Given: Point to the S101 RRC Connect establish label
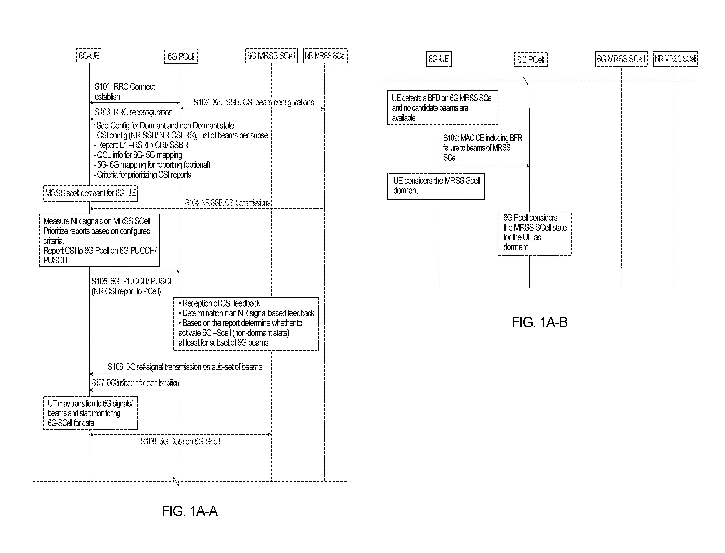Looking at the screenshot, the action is point(125,91).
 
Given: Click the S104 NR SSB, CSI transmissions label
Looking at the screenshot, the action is point(228,203).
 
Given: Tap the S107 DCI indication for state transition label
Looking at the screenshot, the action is point(135,383).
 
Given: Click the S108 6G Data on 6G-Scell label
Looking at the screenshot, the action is point(180,441).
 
